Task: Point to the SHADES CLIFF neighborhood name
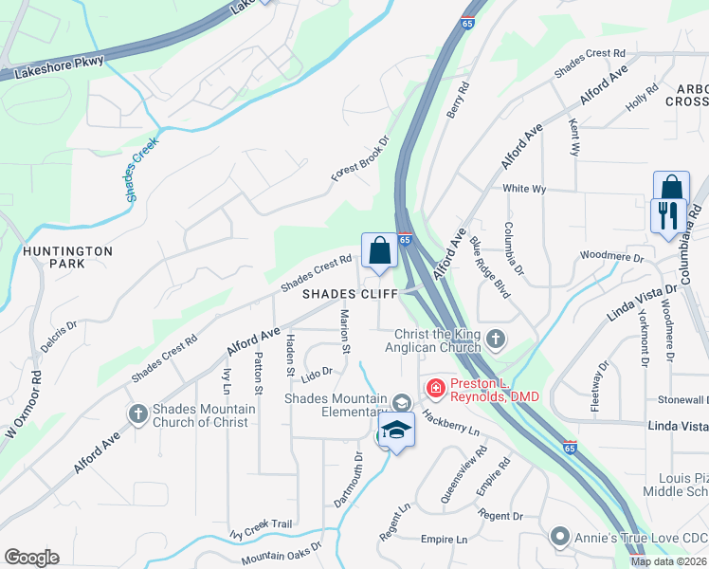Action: (x=350, y=294)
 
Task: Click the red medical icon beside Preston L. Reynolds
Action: (x=435, y=387)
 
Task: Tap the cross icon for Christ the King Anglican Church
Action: (x=495, y=338)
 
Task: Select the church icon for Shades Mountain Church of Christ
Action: (x=138, y=413)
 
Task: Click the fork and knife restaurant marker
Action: (x=668, y=214)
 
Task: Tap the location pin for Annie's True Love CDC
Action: (x=560, y=538)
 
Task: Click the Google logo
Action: (x=31, y=558)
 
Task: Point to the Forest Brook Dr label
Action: (x=360, y=158)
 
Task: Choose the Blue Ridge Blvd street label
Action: (x=489, y=267)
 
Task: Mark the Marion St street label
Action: (x=346, y=332)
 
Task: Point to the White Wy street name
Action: (x=524, y=189)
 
